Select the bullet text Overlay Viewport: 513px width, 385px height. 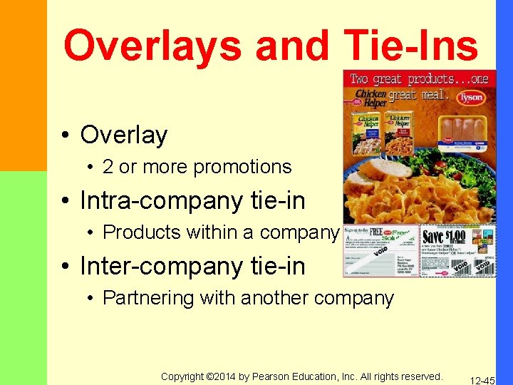(124, 135)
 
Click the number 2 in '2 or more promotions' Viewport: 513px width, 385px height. (108, 167)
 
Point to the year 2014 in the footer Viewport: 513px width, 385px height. (222, 376)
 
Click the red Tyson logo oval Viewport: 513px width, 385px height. (470, 97)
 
